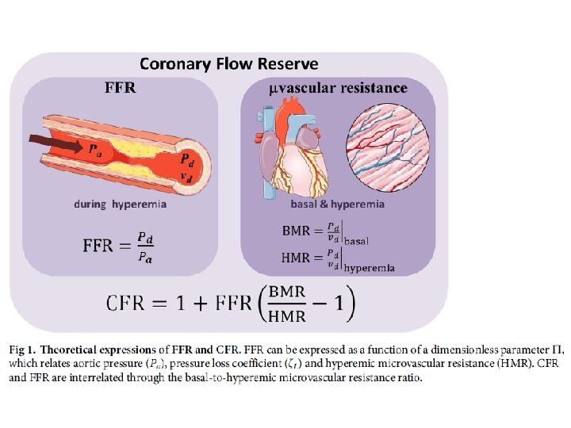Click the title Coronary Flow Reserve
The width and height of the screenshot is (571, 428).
[229, 63]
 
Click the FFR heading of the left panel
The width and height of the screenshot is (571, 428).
[121, 88]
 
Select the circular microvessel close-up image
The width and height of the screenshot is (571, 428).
[390, 151]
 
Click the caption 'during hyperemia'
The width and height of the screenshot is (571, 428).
[120, 204]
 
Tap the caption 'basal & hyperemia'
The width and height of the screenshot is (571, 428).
[338, 204]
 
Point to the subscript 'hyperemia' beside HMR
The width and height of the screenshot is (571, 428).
[370, 268]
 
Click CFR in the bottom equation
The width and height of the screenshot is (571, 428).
[132, 303]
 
